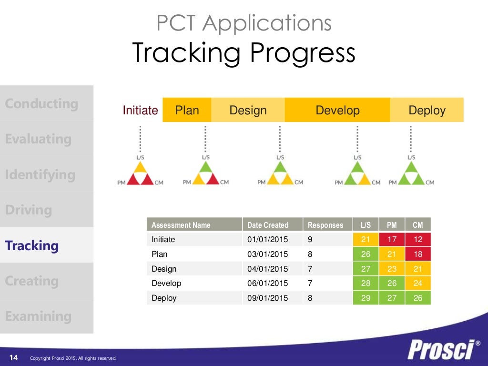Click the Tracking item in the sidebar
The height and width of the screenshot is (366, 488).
tap(32, 246)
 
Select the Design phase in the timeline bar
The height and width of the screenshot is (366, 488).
tap(248, 111)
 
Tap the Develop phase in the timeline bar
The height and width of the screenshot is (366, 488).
tap(337, 111)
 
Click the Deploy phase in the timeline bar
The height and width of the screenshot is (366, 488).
tap(427, 111)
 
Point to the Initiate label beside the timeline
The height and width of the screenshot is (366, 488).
tap(140, 111)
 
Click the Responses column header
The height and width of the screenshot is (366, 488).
tap(325, 225)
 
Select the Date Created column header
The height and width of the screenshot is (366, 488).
tap(268, 225)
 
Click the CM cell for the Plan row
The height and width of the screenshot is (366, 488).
tap(417, 254)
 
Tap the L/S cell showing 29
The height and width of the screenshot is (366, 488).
tap(366, 298)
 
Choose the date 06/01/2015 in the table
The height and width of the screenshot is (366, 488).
tap(268, 283)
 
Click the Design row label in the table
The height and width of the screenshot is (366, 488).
tap(164, 269)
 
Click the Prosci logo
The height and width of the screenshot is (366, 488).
tap(443, 350)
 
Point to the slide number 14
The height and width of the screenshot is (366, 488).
tap(13, 358)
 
